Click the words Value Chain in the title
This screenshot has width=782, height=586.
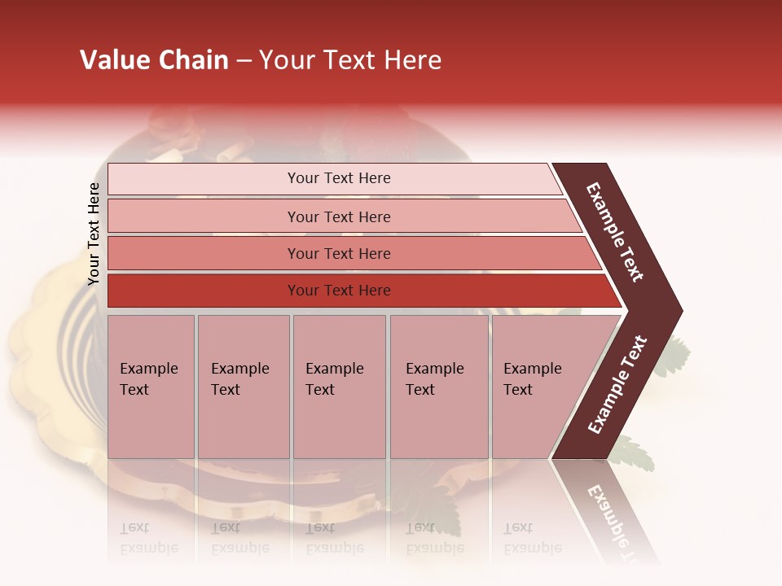[x=154, y=60]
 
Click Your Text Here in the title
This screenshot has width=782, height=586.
[x=350, y=60]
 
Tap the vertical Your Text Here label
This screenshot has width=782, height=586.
[x=94, y=234]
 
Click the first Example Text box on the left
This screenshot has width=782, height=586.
[x=151, y=387]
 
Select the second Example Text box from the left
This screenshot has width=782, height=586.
[x=243, y=387]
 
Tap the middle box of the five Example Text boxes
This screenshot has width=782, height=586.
[x=339, y=387]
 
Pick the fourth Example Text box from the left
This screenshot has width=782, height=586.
[x=438, y=387]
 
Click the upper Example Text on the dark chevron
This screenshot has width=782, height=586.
[x=615, y=232]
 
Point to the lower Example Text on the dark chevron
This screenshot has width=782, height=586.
[x=617, y=385]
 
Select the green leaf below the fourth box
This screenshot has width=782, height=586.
[x=429, y=505]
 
